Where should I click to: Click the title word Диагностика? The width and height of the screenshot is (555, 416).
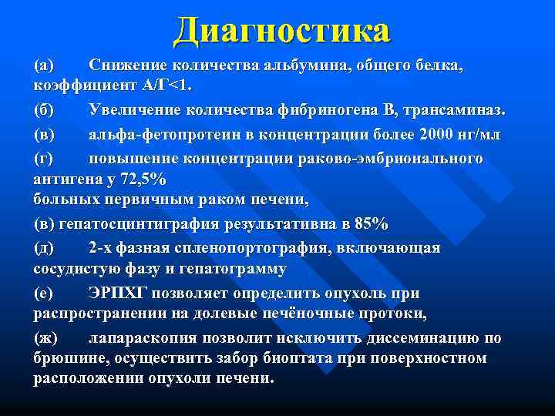point(282,31)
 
